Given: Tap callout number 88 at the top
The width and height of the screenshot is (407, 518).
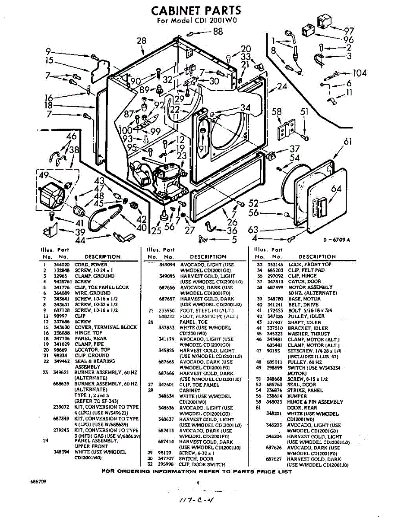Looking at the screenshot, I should coord(218,31).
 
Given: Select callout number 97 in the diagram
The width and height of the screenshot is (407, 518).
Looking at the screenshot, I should coord(349,31).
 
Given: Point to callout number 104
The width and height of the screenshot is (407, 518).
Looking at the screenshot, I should coord(360,73).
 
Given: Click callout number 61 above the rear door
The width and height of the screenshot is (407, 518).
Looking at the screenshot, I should coord(348,142).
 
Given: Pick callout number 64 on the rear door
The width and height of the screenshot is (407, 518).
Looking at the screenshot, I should coord(336,189).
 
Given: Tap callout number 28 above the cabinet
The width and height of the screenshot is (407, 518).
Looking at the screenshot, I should coord(142,41).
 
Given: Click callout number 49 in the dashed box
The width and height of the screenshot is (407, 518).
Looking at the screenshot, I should coord(44,175).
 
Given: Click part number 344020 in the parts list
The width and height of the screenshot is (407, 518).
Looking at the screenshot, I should coord(58,264).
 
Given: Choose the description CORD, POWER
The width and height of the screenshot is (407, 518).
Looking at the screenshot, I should coord(91,264).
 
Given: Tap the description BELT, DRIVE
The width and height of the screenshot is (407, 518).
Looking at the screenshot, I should coord(302,304).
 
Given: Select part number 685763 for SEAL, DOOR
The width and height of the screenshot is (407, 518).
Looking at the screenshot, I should coord(274,384).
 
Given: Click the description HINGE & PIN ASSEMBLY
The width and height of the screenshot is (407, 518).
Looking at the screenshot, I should coord(315,401).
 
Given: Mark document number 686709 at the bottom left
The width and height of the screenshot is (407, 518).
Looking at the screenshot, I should coord(38,481).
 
